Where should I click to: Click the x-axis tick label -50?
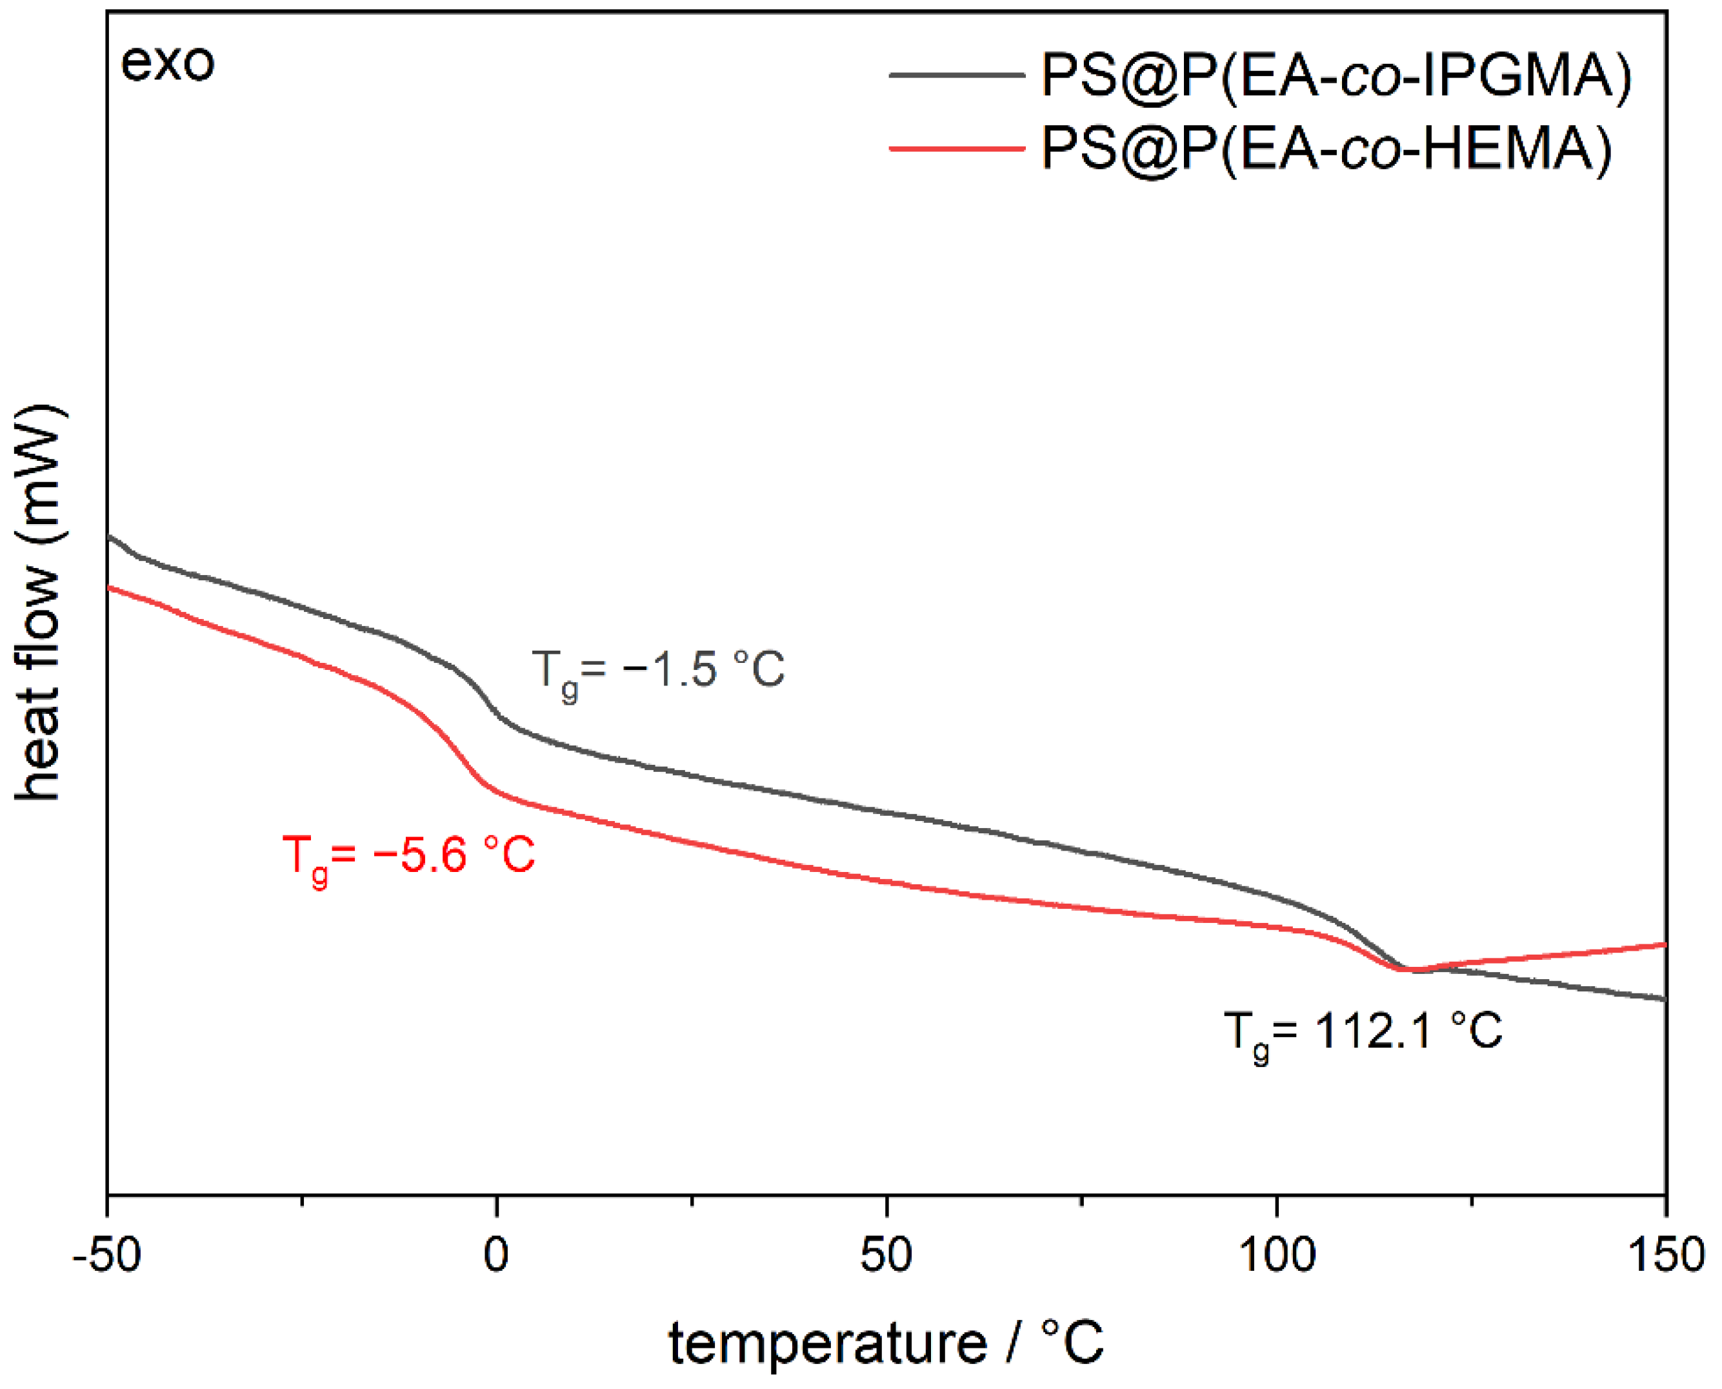tap(106, 1255)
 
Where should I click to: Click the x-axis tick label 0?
tap(496, 1255)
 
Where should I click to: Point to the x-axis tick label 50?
tap(886, 1255)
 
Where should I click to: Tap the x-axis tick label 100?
tap(1277, 1255)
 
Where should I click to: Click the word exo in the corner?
tap(167, 63)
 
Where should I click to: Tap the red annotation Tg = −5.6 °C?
tap(408, 856)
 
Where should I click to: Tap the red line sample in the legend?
tap(957, 148)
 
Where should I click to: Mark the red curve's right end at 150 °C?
tap(1665, 945)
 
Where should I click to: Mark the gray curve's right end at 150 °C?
tap(1665, 999)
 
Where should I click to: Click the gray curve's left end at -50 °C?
tap(109, 536)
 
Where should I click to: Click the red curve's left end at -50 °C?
tap(109, 587)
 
